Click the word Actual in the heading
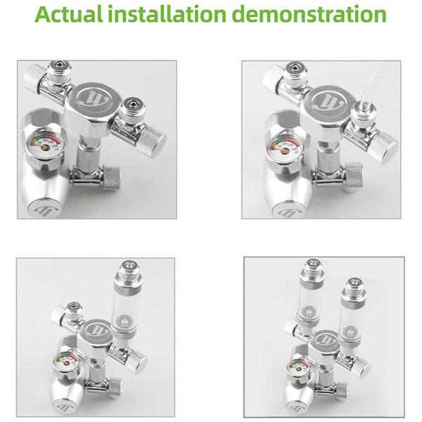point(69,14)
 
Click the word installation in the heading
point(167,14)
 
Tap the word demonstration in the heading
point(309,14)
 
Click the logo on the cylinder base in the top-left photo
point(46,210)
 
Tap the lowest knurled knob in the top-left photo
point(111,176)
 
